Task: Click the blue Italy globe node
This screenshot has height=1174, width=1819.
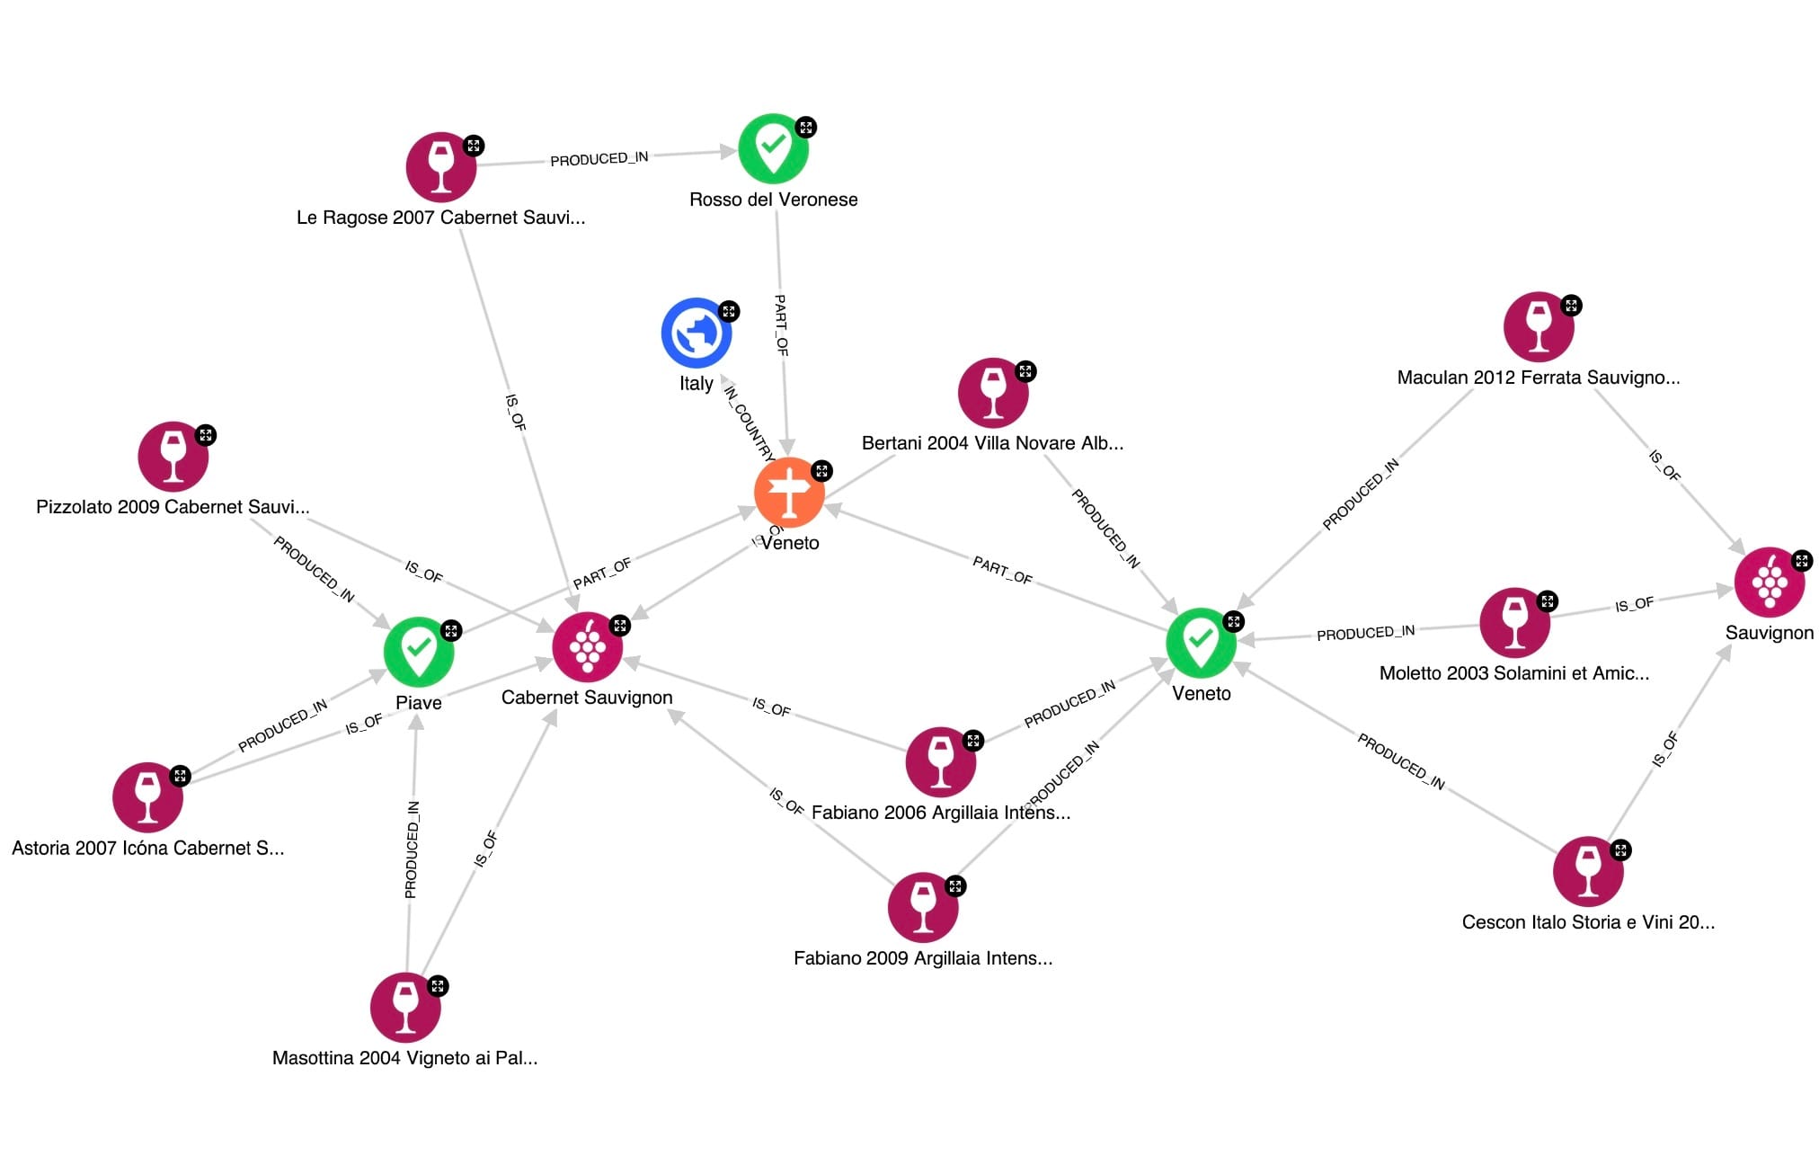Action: tap(696, 334)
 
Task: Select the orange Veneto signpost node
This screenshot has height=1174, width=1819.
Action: tap(789, 493)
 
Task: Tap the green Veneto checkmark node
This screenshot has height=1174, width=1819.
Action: tap(1201, 643)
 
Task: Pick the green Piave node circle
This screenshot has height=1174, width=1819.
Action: tap(418, 651)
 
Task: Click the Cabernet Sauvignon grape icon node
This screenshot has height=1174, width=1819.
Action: tap(587, 647)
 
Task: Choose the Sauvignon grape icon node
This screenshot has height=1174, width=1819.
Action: tap(1769, 583)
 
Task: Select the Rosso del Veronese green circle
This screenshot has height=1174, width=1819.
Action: tap(773, 148)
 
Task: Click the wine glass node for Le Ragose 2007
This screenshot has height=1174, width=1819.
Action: tap(440, 167)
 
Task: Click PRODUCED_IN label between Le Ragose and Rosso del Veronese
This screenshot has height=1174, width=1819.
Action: tap(599, 159)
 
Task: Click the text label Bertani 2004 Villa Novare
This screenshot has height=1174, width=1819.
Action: tap(992, 443)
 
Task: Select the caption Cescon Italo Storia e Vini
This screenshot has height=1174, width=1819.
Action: tap(1588, 922)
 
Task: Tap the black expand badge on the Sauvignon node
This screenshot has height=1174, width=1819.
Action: tap(1801, 561)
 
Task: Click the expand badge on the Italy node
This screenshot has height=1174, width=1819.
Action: tap(729, 312)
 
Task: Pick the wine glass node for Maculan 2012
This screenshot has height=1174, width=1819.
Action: tap(1538, 327)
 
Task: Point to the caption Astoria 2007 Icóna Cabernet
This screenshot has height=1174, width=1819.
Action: tap(147, 849)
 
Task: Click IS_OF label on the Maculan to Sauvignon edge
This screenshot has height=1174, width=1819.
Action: tap(1664, 465)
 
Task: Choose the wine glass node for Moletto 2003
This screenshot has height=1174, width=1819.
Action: tap(1514, 623)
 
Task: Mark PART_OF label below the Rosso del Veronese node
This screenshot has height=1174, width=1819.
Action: tap(781, 325)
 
